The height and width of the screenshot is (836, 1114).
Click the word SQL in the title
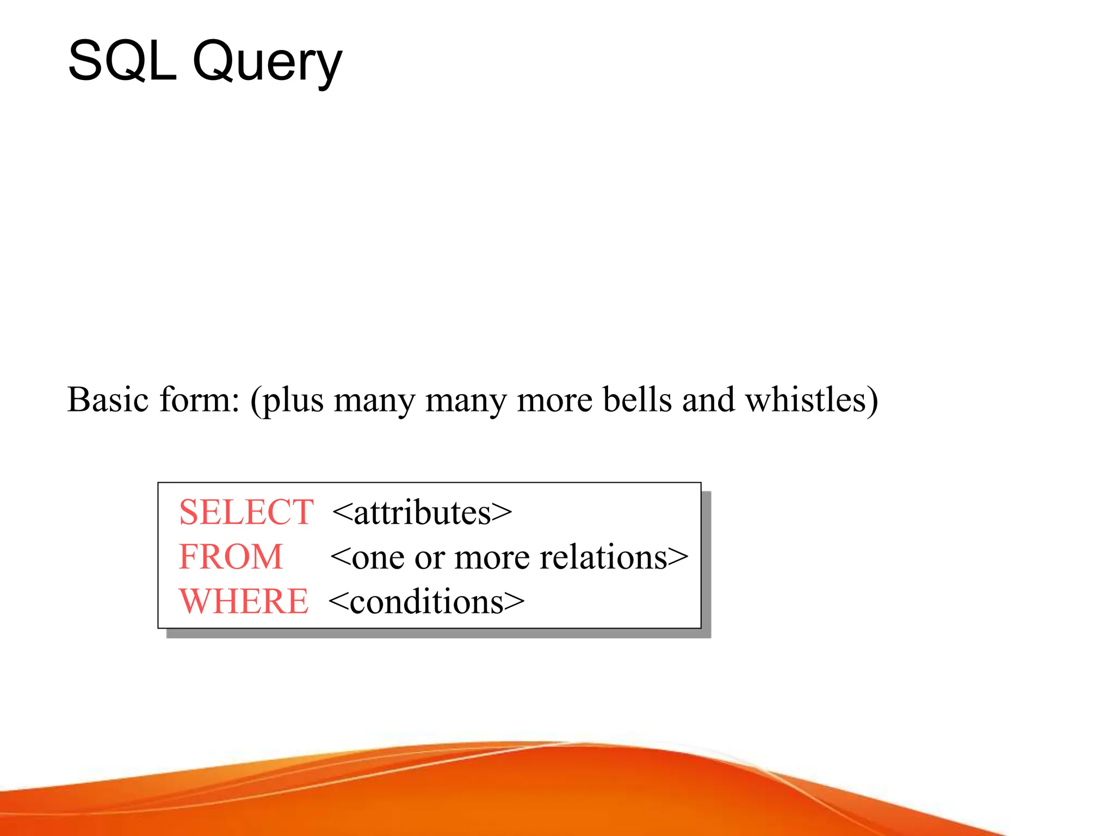pos(122,61)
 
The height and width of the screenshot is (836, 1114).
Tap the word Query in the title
pos(267,63)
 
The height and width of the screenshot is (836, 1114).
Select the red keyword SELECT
pos(246,512)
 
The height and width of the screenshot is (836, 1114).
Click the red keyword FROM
pos(231,557)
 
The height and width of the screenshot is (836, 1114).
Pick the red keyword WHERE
pos(244,601)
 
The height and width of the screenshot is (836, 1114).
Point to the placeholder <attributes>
pos(422,513)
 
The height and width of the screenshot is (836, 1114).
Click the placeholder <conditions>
pos(426,602)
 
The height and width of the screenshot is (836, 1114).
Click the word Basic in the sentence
pos(108,399)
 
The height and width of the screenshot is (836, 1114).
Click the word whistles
pos(805,399)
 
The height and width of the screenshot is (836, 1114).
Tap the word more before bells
pos(554,401)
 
